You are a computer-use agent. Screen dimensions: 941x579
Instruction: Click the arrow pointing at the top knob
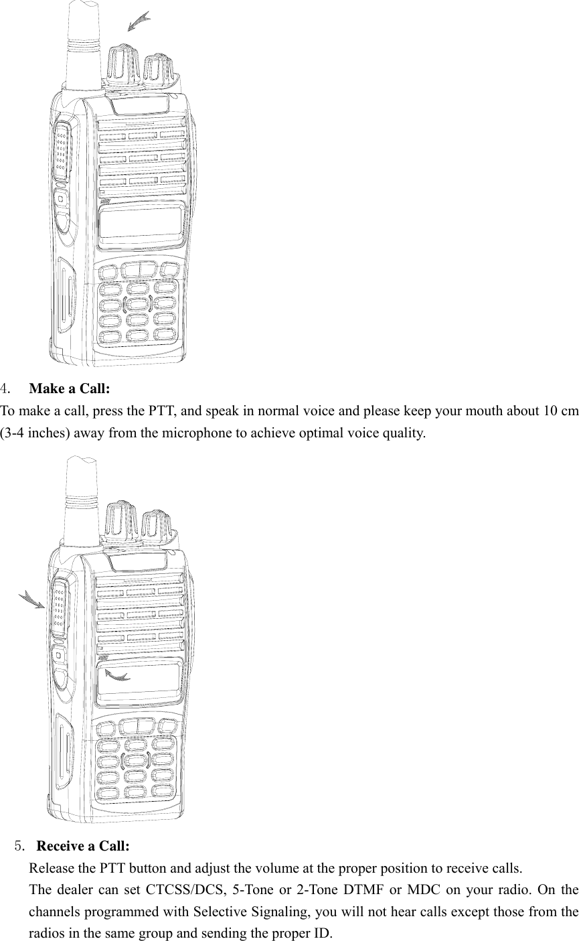(x=139, y=22)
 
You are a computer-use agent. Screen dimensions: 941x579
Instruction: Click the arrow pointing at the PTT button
(x=31, y=598)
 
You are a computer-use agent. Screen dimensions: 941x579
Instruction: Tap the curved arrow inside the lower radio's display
(x=117, y=674)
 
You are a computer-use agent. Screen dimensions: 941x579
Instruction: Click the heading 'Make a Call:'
(x=70, y=388)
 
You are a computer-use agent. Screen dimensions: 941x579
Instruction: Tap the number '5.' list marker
(x=21, y=846)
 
